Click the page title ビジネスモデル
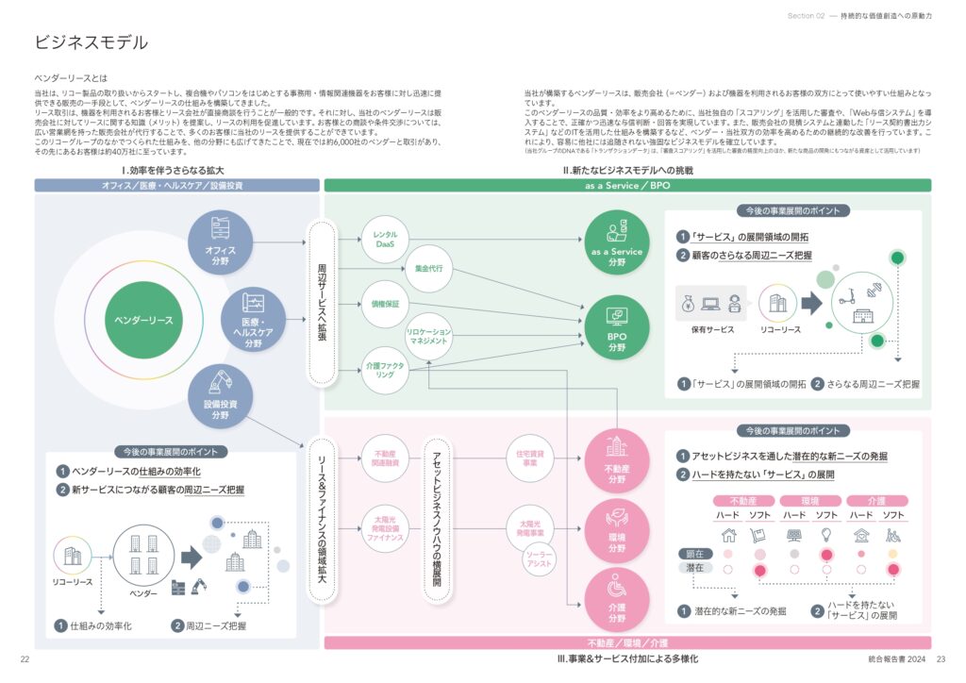point(92,42)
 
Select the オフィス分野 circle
point(220,242)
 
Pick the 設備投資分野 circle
point(220,397)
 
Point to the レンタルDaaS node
point(385,239)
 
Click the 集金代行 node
point(429,268)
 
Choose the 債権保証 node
point(385,304)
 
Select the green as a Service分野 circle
point(616,242)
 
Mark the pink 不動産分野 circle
point(616,459)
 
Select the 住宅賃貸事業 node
point(529,458)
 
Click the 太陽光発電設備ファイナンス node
point(385,528)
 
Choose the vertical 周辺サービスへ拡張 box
point(322,302)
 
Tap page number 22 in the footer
point(25,659)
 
